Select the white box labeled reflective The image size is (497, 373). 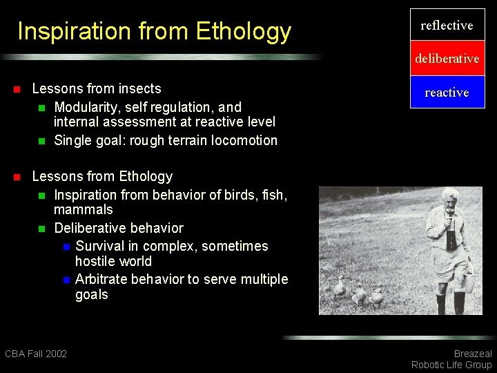pos(447,26)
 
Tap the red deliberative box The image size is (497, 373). pos(447,59)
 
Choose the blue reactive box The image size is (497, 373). pos(447,92)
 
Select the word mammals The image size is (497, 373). pos(84,209)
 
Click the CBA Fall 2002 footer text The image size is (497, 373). pos(36,354)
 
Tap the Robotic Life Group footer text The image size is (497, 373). pos(451,365)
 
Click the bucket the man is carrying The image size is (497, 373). pos(469,282)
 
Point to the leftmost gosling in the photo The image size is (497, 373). pos(339,286)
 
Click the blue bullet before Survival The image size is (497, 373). pos(66,247)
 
